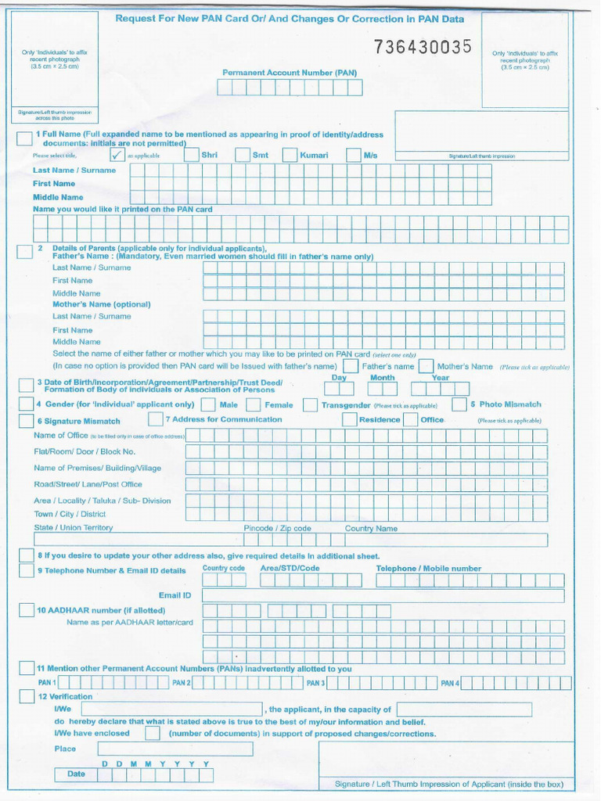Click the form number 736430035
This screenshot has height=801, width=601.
(423, 47)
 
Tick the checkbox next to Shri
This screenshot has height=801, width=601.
(192, 155)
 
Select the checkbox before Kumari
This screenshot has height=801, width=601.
(290, 155)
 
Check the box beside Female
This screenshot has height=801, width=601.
(254, 405)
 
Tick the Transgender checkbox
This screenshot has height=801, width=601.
(311, 405)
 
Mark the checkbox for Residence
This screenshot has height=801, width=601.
(349, 420)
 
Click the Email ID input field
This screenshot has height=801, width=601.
(383, 595)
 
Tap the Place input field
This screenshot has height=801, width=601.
(175, 749)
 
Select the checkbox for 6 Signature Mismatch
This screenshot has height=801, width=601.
(26, 421)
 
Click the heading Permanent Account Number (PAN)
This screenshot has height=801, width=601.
(290, 73)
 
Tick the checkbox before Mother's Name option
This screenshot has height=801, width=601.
(426, 366)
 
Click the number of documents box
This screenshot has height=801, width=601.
(153, 734)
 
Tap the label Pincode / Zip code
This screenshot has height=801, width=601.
(277, 528)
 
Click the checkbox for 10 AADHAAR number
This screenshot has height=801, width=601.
(26, 610)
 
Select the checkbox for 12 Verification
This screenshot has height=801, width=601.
(26, 696)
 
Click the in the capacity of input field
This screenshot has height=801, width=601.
(464, 709)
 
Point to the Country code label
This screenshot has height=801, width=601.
(223, 569)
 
